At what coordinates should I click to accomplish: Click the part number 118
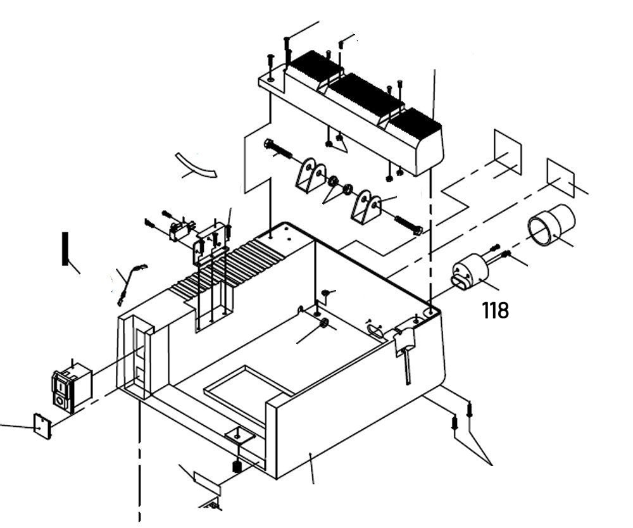(x=495, y=310)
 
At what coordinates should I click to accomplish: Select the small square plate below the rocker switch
(x=42, y=425)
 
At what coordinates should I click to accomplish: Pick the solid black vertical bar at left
(x=64, y=249)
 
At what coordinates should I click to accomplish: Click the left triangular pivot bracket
(x=310, y=175)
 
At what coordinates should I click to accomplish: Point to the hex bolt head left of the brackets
(x=268, y=144)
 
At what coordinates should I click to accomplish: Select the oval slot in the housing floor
(x=375, y=327)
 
